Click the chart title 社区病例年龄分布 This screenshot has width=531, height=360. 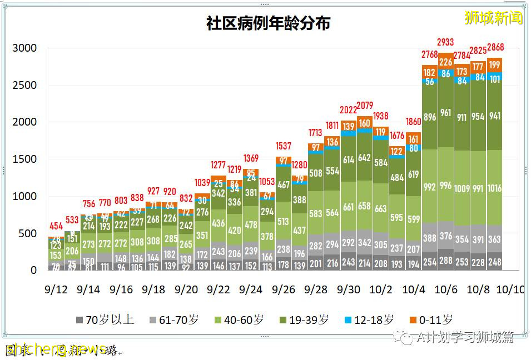tap(268, 23)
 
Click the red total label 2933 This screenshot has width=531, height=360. tap(445, 42)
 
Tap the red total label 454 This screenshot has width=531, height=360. tap(56, 226)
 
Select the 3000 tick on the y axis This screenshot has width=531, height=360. tap(25, 48)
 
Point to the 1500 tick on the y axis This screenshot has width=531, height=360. tap(25, 159)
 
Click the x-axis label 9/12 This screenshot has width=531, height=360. tap(56, 289)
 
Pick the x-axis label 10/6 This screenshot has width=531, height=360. tap(445, 289)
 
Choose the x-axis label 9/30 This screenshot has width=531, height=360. tap(348, 289)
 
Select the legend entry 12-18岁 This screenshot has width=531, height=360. tap(369, 320)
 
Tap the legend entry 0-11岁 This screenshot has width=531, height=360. tap(430, 320)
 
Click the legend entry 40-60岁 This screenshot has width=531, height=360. tap(239, 320)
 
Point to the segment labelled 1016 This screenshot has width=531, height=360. tap(495, 188)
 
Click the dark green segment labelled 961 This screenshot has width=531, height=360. tap(445, 113)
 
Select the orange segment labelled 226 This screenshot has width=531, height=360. tap(445, 62)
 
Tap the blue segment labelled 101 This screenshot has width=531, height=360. tap(495, 79)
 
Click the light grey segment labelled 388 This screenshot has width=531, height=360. tap(429, 238)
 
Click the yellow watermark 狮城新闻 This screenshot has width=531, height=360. tap(494, 18)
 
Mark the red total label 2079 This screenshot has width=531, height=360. tap(365, 106)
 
